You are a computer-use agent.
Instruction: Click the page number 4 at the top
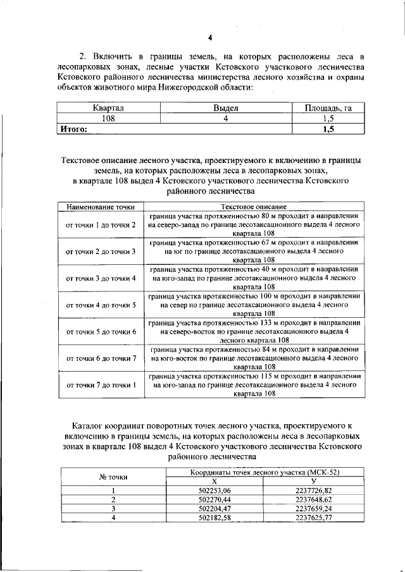(x=209, y=36)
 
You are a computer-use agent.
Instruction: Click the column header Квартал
(x=108, y=108)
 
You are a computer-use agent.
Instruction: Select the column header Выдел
(x=225, y=108)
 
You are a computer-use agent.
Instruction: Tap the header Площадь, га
(x=328, y=108)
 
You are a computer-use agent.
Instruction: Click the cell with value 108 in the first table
(x=108, y=118)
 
